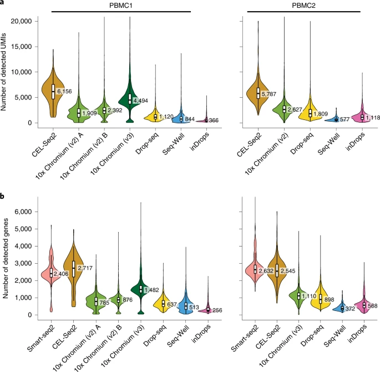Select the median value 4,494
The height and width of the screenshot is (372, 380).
140,100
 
